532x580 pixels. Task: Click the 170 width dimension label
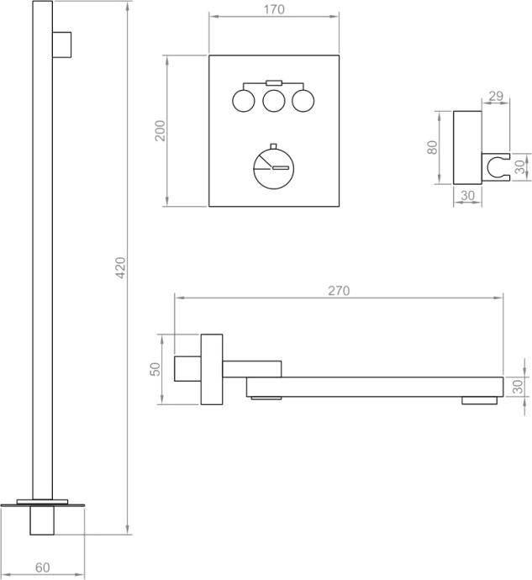pos(274,10)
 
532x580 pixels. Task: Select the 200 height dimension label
pos(161,130)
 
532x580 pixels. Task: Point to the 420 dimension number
pos(120,267)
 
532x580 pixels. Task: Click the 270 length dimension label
pos(338,291)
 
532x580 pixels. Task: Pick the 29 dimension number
pos(495,96)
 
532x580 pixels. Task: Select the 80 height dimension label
pos(433,147)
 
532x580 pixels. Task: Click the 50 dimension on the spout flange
pos(155,369)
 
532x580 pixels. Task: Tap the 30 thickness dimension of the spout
pos(518,386)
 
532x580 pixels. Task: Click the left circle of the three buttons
pos(243,102)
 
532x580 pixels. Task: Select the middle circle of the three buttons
pos(273,102)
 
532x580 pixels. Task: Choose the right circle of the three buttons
pos(303,102)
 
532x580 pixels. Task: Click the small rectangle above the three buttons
pos(273,82)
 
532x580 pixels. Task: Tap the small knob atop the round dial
pos(273,142)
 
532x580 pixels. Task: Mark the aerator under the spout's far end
pos(478,401)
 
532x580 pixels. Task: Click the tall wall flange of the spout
pos(211,369)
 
